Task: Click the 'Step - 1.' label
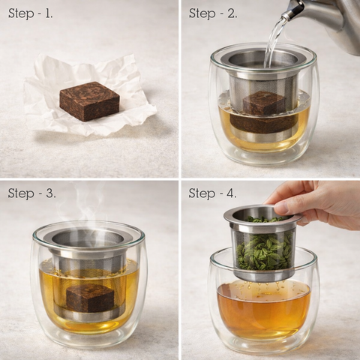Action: (31, 13)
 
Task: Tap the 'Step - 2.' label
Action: (213, 13)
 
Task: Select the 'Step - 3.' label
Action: (31, 193)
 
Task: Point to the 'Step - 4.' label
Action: (212, 193)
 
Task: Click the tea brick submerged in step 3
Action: (90, 298)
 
